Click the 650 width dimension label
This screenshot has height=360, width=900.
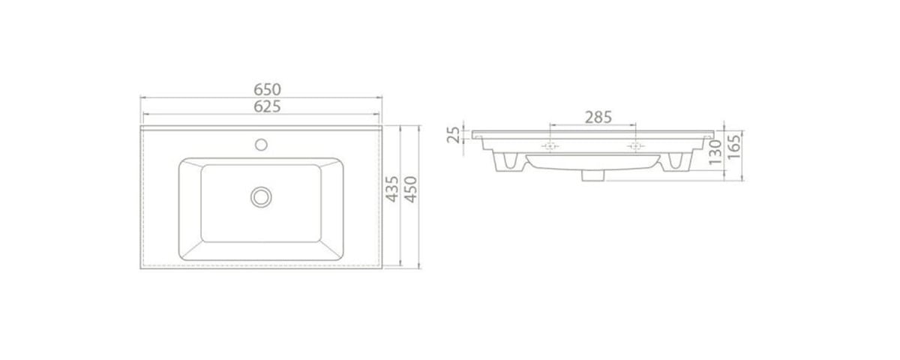click(x=267, y=89)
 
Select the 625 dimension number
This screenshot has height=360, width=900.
click(x=267, y=106)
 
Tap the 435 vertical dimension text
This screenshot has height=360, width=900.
click(x=392, y=189)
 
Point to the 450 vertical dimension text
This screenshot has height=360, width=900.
click(x=411, y=189)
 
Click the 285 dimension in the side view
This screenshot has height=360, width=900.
click(x=598, y=117)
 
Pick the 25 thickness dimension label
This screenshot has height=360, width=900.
click(x=453, y=135)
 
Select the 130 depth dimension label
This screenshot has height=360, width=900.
click(x=715, y=152)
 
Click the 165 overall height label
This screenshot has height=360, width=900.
click(x=733, y=147)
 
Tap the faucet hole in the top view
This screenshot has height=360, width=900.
click(x=261, y=145)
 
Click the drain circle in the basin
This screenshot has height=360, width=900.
click(x=261, y=196)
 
